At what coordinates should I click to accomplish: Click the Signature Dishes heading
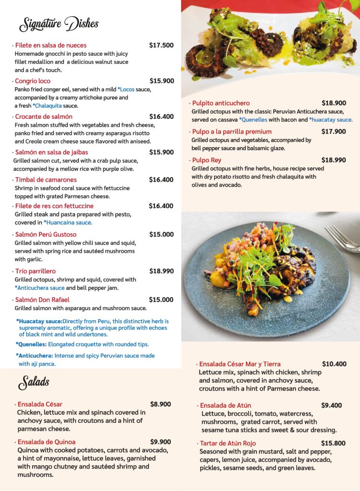pyautogui.click(x=58, y=23)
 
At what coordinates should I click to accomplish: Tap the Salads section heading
pyautogui.click(x=34, y=382)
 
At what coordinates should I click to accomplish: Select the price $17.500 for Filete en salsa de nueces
pyautogui.click(x=161, y=46)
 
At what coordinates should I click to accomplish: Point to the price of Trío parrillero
pyautogui.click(x=161, y=271)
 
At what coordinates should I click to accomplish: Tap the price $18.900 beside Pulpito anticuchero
pyautogui.click(x=334, y=103)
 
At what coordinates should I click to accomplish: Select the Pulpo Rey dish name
pyautogui.click(x=206, y=160)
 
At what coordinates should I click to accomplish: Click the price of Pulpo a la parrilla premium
pyautogui.click(x=334, y=131)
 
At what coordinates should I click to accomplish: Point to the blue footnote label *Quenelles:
pyautogui.click(x=31, y=344)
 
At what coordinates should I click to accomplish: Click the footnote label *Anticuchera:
pyautogui.click(x=34, y=356)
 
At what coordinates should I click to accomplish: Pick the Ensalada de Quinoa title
pyautogui.click(x=46, y=442)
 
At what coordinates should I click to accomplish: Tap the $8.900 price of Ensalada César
pyautogui.click(x=161, y=404)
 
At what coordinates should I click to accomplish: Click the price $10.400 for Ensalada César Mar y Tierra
pyautogui.click(x=334, y=364)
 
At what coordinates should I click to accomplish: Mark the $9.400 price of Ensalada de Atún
pyautogui.click(x=331, y=405)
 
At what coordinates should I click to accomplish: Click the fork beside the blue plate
pyautogui.click(x=343, y=238)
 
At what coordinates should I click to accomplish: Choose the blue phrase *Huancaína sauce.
pyautogui.click(x=68, y=222)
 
